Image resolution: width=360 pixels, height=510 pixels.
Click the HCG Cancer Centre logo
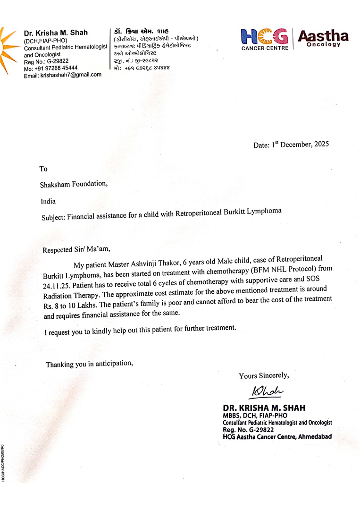264,39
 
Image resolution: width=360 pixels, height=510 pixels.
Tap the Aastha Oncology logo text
323,38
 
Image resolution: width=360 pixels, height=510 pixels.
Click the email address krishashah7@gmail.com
71,75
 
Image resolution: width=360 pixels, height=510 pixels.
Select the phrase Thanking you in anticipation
89,364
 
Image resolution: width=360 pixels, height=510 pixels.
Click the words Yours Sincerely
263,376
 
